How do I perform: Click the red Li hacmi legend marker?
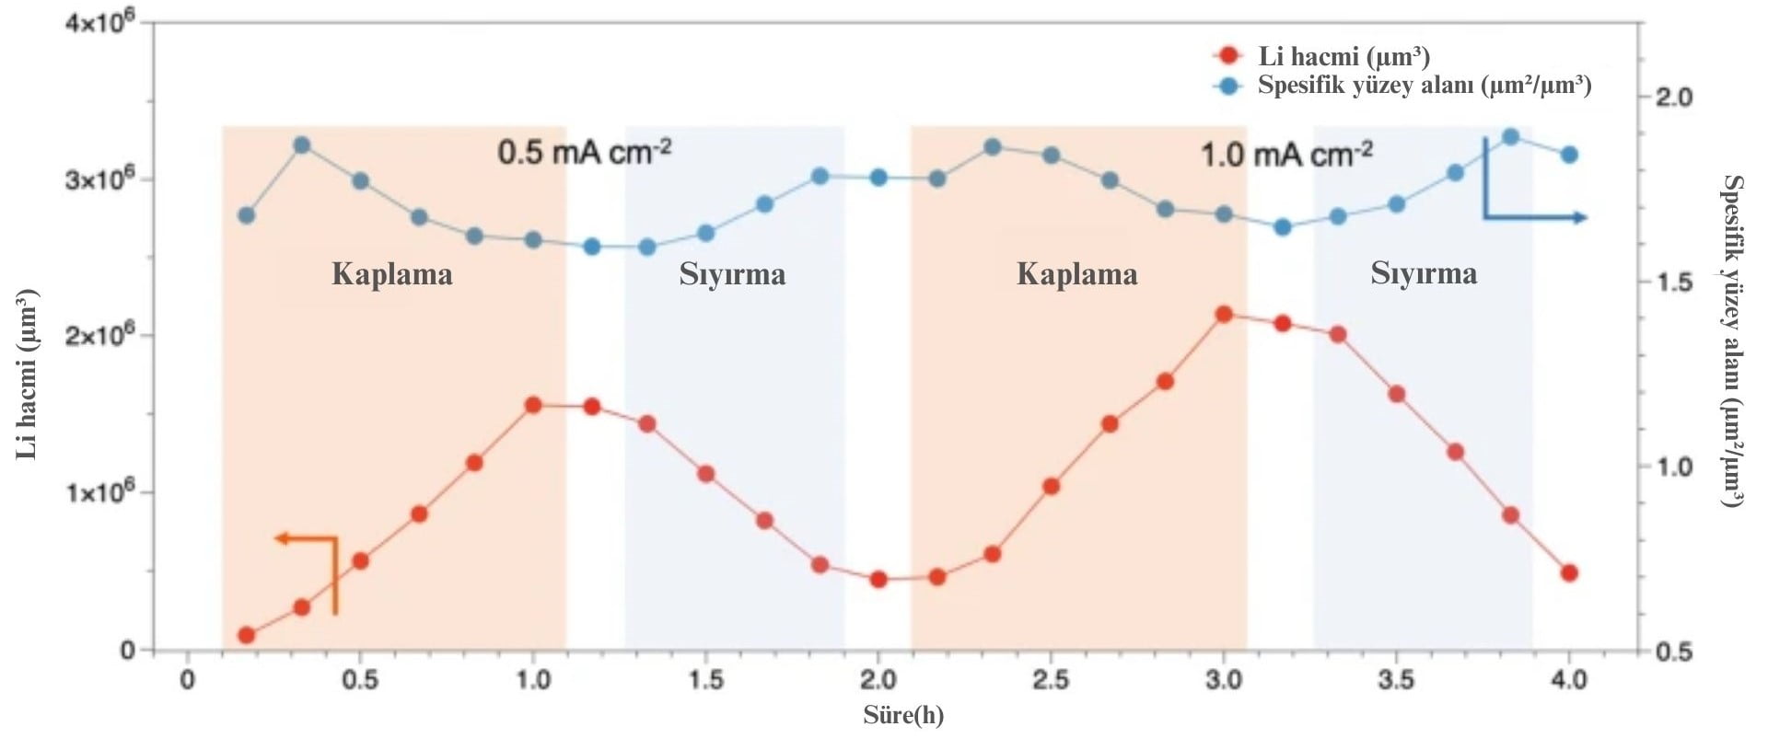(x=1227, y=55)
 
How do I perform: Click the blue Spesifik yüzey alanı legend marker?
(x=1227, y=86)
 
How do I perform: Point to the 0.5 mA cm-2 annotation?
(x=584, y=152)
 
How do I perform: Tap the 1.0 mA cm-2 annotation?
(x=1285, y=154)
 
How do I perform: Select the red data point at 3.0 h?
(x=1224, y=315)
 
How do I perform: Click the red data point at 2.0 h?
(x=878, y=579)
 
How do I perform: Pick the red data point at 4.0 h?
(x=1569, y=572)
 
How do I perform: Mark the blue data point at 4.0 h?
(x=1569, y=155)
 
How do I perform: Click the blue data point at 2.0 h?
(x=878, y=177)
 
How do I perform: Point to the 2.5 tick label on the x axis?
(x=1051, y=680)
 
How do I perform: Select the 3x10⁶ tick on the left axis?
(x=99, y=179)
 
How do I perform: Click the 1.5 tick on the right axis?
(x=1673, y=282)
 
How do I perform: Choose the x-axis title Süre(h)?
(x=902, y=715)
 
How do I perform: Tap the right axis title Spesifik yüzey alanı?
(x=1732, y=340)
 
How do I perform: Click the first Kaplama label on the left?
(x=392, y=274)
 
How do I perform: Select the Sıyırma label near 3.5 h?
(x=1424, y=273)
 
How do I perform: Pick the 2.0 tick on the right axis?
(x=1673, y=97)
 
